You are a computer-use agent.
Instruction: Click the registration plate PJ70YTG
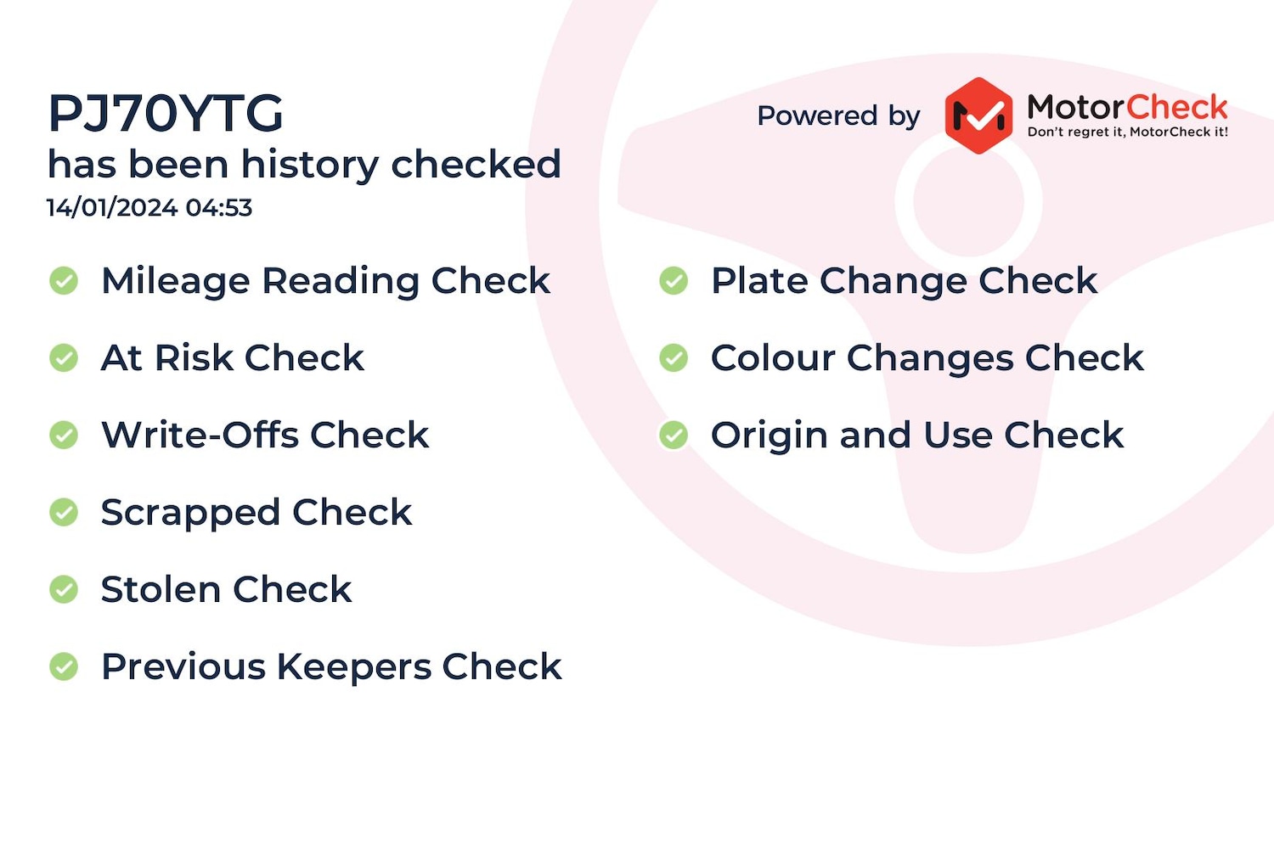point(166,113)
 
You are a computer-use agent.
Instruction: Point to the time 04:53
point(219,207)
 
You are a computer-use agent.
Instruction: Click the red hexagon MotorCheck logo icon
point(978,115)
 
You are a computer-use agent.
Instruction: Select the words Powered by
point(838,115)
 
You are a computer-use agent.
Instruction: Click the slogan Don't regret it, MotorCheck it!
point(1128,132)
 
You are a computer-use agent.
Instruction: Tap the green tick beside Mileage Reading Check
point(64,281)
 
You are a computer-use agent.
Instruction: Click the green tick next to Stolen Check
point(64,589)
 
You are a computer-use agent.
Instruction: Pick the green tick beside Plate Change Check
point(674,281)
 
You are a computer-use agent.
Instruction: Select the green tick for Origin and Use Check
point(674,435)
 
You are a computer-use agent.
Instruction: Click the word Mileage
point(175,282)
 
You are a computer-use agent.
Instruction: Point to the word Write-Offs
point(200,435)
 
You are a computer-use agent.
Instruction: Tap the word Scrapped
point(190,514)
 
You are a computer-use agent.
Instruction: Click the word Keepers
point(354,667)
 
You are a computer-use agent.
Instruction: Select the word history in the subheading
point(310,166)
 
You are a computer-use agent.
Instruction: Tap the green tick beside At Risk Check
point(64,358)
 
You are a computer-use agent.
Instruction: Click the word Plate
point(759,281)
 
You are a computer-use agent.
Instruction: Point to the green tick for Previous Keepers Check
point(64,666)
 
